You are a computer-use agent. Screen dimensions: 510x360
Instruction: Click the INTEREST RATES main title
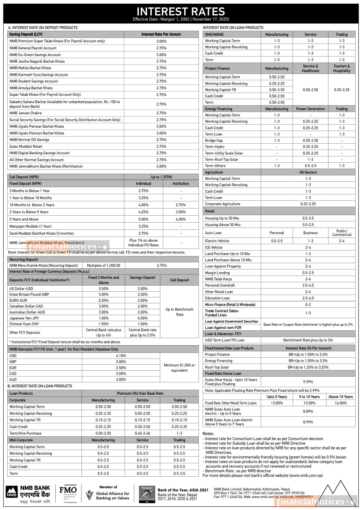181,12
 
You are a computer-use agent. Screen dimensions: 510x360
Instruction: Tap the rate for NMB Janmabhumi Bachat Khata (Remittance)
161,166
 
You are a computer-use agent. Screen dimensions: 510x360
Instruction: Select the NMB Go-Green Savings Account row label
35,55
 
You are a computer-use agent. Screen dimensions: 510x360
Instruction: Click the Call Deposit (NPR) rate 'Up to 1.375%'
161,177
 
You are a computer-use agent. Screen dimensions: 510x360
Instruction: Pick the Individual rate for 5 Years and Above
143,219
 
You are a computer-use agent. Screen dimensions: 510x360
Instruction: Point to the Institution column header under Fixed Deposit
181,183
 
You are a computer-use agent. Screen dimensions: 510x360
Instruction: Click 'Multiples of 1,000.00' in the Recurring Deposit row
104,265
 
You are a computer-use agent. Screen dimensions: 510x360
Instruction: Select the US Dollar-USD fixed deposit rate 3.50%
104,289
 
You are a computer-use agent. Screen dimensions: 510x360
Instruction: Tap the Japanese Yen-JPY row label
24,318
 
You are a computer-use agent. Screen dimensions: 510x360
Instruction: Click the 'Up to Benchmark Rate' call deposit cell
179,312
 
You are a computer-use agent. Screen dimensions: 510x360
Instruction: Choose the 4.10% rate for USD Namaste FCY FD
121,356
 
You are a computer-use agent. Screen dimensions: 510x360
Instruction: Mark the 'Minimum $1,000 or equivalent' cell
179,368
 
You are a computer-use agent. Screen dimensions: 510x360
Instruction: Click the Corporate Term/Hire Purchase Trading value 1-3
179,433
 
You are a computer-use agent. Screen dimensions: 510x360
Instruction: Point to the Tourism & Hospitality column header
341,68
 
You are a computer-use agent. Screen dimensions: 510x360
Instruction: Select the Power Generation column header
310,109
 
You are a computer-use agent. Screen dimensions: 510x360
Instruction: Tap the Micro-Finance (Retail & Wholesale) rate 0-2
308,305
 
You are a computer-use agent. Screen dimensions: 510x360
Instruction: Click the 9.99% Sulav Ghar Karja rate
308,382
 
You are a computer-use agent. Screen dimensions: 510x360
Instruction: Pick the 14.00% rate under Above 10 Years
340,403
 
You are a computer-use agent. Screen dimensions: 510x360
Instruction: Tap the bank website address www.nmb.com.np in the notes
305,475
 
